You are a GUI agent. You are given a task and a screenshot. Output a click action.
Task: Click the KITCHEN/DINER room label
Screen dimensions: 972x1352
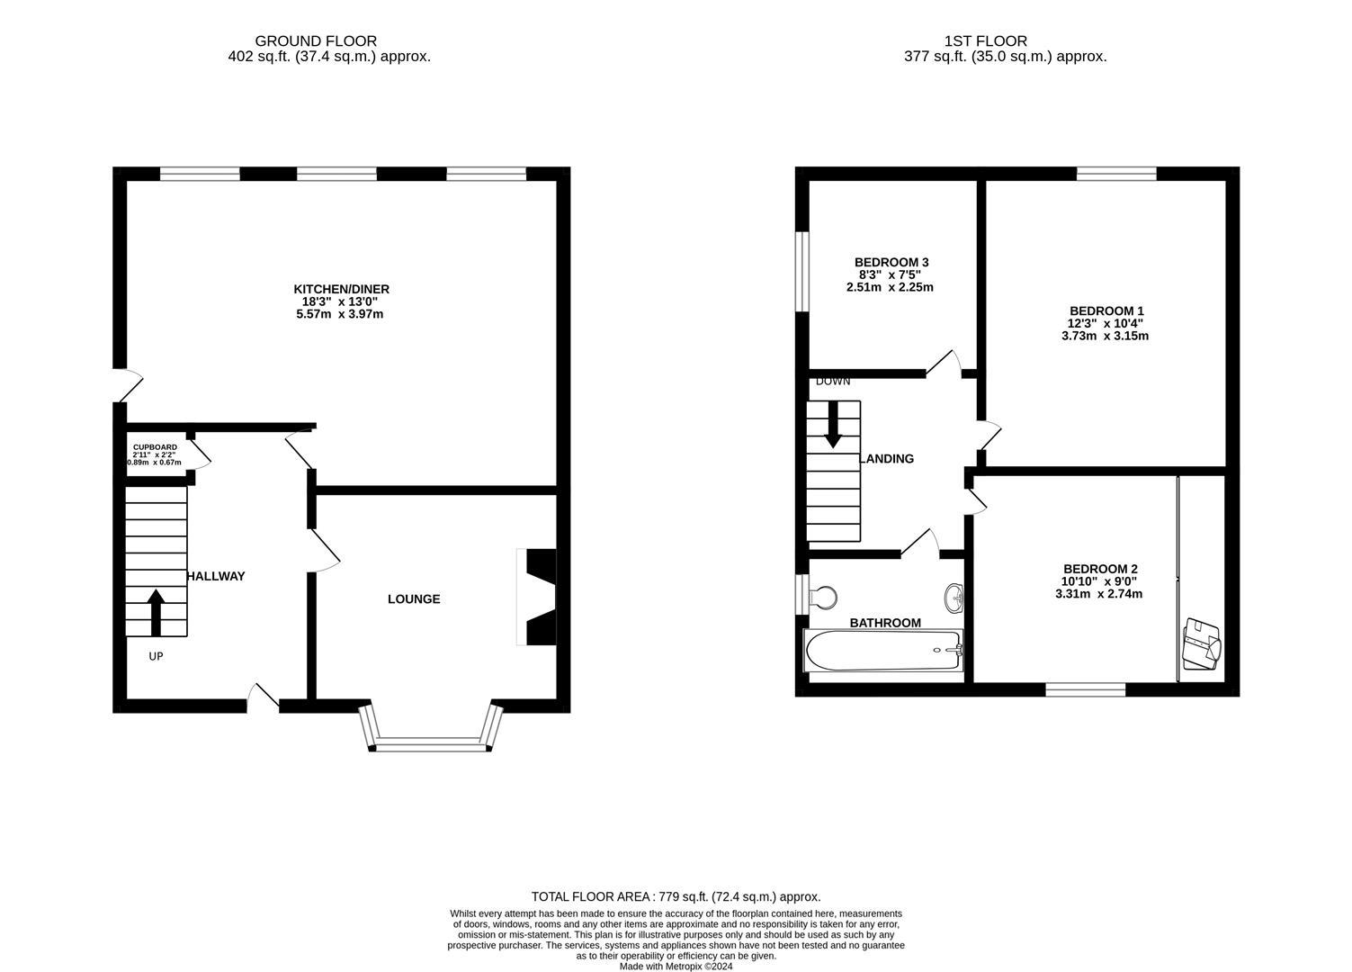click(x=341, y=289)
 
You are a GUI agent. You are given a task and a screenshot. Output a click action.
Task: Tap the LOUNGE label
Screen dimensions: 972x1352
click(x=414, y=599)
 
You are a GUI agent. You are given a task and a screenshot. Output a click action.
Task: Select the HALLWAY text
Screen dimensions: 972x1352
click(x=216, y=576)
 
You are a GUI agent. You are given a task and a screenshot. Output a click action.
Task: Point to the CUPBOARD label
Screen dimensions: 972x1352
click(x=155, y=447)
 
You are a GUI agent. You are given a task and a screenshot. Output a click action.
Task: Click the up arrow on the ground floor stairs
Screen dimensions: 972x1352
click(x=156, y=612)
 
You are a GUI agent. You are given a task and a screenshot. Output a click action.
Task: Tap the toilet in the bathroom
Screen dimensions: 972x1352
click(x=822, y=597)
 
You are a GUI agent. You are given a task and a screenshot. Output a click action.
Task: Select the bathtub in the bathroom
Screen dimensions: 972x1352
click(x=883, y=650)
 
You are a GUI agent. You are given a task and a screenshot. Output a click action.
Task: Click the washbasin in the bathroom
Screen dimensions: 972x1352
click(x=954, y=596)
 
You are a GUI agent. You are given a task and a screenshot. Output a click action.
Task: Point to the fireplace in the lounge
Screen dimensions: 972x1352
click(x=538, y=597)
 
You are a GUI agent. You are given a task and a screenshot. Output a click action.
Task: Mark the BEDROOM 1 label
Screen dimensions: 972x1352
click(x=1106, y=310)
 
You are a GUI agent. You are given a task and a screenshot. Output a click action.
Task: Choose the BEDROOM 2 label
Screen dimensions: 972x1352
click(x=1099, y=569)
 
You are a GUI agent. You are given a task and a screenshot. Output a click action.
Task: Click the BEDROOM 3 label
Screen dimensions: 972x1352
click(x=891, y=262)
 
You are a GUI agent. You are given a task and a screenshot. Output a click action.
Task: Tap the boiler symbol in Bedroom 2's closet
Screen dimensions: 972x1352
click(x=1202, y=643)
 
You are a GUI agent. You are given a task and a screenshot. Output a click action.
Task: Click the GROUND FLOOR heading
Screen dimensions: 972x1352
click(x=315, y=40)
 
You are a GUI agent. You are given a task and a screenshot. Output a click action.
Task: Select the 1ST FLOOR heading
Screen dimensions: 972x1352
click(x=985, y=40)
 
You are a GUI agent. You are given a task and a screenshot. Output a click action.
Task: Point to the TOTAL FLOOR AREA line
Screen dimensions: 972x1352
click(x=676, y=896)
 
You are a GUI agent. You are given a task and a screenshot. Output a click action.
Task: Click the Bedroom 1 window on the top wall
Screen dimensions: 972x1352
click(x=1116, y=174)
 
